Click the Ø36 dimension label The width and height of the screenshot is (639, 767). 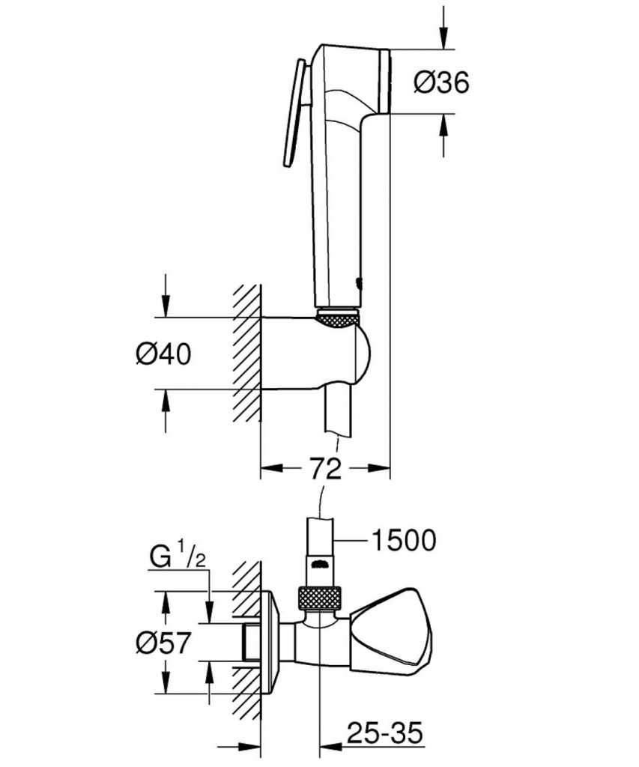(x=440, y=82)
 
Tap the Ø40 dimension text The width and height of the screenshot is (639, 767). (x=163, y=354)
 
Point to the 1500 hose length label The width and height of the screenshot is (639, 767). (x=404, y=540)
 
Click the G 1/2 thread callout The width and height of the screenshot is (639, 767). (x=178, y=557)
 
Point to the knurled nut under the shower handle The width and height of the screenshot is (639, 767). (x=338, y=317)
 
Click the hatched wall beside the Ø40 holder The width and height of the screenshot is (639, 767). (x=246, y=352)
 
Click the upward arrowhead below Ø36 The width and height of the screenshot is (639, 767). (x=443, y=126)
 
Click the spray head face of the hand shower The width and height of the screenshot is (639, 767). (x=384, y=81)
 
